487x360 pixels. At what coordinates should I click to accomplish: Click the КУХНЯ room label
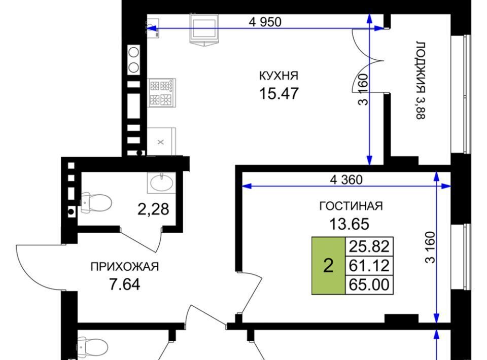tap(279, 76)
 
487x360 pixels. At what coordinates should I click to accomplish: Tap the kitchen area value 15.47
tap(279, 93)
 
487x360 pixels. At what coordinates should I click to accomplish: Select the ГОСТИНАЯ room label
tap(351, 206)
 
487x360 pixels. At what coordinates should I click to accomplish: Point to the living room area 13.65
tap(349, 224)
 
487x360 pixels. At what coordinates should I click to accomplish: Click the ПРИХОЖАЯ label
tap(125, 267)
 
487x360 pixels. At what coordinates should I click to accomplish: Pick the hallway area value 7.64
tap(125, 284)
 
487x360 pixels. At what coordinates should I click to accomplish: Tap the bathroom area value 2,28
tap(153, 209)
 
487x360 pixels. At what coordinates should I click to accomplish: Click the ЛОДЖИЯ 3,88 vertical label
tap(421, 80)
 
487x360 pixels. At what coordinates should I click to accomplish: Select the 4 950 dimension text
tap(265, 22)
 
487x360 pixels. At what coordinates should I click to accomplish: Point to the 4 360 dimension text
tap(346, 179)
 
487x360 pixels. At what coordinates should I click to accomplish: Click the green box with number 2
tap(328, 266)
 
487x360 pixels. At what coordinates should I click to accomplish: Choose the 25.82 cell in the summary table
tap(369, 246)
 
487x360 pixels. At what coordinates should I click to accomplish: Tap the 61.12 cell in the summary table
tap(369, 266)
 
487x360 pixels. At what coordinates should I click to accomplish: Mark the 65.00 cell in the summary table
tap(369, 284)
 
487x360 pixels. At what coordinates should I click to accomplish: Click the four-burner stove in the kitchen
tap(161, 92)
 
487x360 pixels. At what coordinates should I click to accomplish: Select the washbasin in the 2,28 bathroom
tap(161, 183)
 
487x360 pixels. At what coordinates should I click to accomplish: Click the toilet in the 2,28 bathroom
tap(96, 203)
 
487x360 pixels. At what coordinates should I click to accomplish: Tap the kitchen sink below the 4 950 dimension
tap(204, 29)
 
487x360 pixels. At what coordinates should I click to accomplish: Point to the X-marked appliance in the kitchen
tap(161, 141)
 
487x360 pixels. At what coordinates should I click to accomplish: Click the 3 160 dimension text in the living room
tap(431, 247)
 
